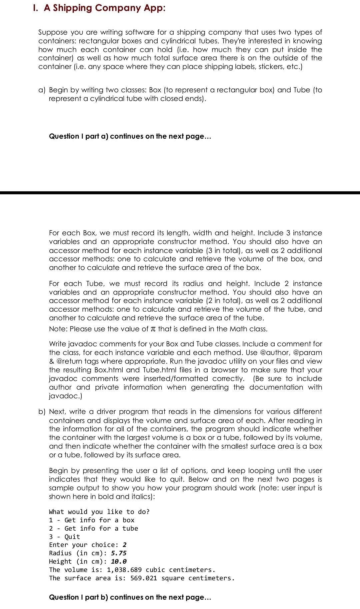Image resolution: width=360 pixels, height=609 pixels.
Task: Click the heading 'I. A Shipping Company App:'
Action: [x=99, y=8]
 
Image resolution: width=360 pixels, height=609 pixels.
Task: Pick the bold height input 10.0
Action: [x=119, y=561]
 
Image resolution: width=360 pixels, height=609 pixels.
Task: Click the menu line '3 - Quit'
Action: [x=65, y=537]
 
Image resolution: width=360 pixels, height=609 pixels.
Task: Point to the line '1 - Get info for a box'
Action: [x=92, y=520]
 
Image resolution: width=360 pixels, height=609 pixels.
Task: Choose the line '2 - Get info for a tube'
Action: [x=93, y=528]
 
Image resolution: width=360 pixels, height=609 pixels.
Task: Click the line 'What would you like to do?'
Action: [x=99, y=512]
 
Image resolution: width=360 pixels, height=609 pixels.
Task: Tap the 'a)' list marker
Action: [x=42, y=90]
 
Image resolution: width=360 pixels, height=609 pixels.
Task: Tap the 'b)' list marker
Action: [x=42, y=412]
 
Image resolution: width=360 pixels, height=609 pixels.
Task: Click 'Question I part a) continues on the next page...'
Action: [x=130, y=136]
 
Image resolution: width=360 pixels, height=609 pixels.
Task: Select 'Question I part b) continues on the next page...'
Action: [x=130, y=597]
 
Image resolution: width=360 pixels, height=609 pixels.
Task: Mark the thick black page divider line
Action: [x=180, y=193]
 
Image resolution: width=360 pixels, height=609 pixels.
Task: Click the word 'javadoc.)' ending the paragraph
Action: [x=66, y=396]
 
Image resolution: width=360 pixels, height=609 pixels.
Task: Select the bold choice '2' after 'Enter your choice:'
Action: [x=125, y=545]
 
